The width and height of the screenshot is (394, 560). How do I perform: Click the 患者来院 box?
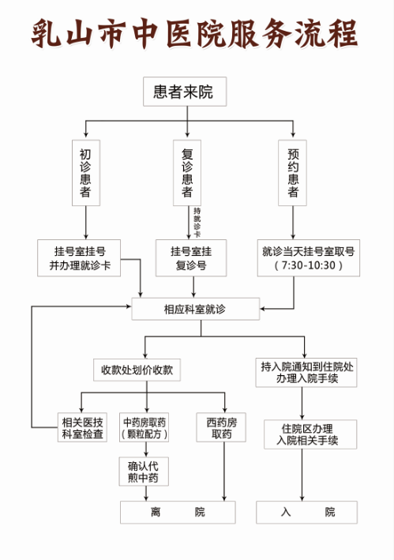click(185, 92)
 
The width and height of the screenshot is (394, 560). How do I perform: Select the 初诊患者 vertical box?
click(86, 173)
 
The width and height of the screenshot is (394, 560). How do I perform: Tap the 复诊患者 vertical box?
click(187, 173)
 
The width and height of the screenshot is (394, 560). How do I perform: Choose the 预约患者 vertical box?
click(293, 173)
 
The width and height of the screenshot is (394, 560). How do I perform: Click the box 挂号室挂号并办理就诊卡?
click(79, 257)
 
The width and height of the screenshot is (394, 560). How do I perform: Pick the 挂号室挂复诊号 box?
click(191, 257)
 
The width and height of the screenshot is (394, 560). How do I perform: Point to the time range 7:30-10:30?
click(309, 265)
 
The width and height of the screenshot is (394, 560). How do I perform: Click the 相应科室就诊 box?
click(196, 309)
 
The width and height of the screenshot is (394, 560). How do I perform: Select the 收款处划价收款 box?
click(137, 370)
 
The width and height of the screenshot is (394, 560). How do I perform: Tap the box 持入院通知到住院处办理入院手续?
click(306, 373)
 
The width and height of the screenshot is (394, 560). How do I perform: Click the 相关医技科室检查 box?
click(82, 427)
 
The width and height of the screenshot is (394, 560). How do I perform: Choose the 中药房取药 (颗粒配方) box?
click(144, 427)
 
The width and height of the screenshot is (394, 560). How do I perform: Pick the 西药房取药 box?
click(221, 427)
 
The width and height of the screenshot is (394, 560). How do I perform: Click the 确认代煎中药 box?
click(144, 472)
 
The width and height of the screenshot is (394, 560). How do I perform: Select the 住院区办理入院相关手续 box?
click(310, 434)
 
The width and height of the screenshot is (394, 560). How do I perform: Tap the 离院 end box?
click(178, 512)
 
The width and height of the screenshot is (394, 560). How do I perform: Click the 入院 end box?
click(307, 512)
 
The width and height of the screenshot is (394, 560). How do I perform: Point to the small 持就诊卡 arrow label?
click(197, 223)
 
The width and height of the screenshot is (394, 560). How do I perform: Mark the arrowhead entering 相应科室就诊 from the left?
click(129, 306)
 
